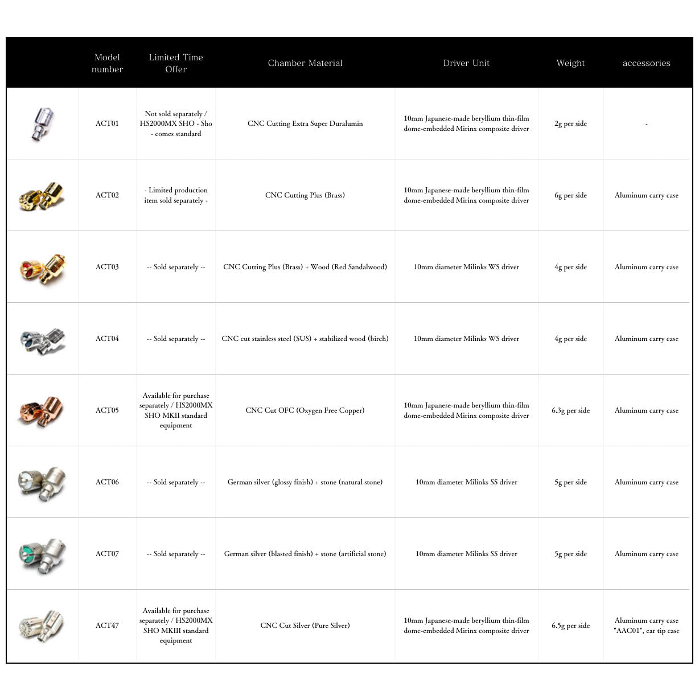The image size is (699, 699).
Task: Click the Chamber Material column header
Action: click(x=305, y=63)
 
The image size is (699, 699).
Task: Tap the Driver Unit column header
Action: click(x=466, y=63)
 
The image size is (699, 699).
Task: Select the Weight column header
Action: click(x=570, y=63)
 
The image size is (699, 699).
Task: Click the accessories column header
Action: click(x=646, y=63)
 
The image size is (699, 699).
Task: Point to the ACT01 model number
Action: click(x=107, y=124)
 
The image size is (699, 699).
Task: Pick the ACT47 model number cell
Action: click(x=107, y=626)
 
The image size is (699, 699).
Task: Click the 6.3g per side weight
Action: click(x=570, y=410)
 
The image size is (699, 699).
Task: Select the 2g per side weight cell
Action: click(x=570, y=124)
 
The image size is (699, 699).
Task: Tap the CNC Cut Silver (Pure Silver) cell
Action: click(x=305, y=626)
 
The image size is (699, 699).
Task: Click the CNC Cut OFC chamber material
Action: click(x=305, y=410)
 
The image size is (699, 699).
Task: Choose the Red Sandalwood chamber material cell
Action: click(x=305, y=267)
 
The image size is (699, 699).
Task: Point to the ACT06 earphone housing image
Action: click(x=42, y=482)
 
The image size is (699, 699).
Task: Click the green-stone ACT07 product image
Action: click(x=42, y=554)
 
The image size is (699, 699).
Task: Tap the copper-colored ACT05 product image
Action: click(x=42, y=410)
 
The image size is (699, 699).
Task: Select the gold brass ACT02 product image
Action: click(x=42, y=195)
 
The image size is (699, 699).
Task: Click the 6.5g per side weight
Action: click(x=570, y=626)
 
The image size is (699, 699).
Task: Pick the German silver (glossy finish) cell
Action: click(x=305, y=482)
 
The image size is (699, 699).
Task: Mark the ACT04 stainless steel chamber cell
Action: click(x=305, y=339)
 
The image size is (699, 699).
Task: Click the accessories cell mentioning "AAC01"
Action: click(x=646, y=626)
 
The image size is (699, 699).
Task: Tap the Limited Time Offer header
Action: click(x=176, y=63)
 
